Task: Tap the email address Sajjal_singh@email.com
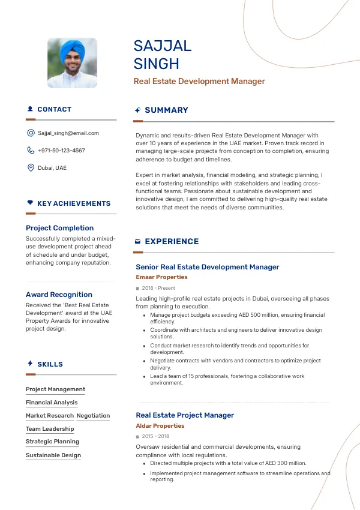[x=68, y=133]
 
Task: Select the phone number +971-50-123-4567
[x=61, y=151]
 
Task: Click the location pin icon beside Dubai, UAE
[x=31, y=167]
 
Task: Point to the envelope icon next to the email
[x=31, y=133]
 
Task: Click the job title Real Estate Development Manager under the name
[x=199, y=82]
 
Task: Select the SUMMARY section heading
[x=166, y=110]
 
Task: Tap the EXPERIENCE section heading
[x=172, y=242]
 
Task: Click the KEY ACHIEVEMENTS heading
[x=74, y=204]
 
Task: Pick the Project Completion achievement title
[x=59, y=228]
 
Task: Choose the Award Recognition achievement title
[x=59, y=295]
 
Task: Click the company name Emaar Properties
[x=161, y=277]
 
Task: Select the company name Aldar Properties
[x=160, y=426]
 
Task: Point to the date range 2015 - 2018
[x=155, y=437]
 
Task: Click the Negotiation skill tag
[x=93, y=416]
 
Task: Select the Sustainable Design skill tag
[x=53, y=455]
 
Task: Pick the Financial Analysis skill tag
[x=52, y=403]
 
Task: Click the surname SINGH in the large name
[x=157, y=64]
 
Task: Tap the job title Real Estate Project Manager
[x=185, y=415]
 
